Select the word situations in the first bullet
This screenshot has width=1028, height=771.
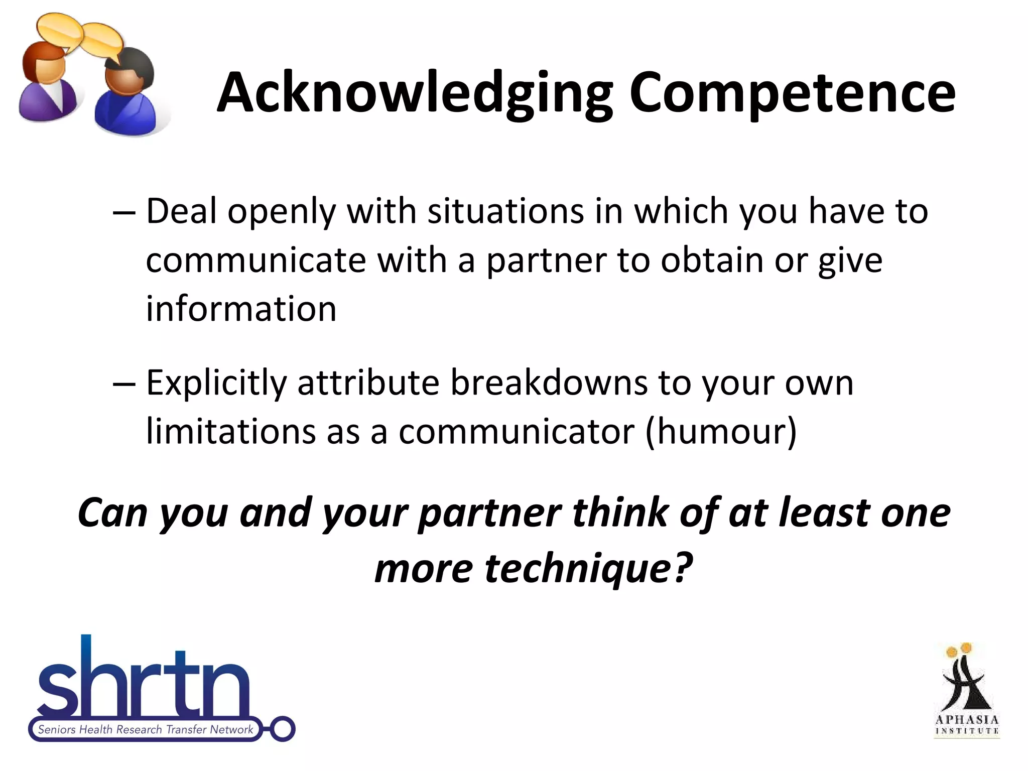click(x=505, y=211)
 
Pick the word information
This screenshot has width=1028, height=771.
click(x=241, y=308)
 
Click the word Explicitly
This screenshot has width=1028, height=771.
click(x=216, y=383)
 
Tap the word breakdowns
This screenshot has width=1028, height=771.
click(x=549, y=383)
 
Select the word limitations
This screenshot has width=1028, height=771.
click(x=231, y=431)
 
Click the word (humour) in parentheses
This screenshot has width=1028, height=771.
click(x=721, y=431)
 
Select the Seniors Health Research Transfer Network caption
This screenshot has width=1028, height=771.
click(x=146, y=729)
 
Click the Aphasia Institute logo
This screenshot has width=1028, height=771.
click(x=967, y=691)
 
